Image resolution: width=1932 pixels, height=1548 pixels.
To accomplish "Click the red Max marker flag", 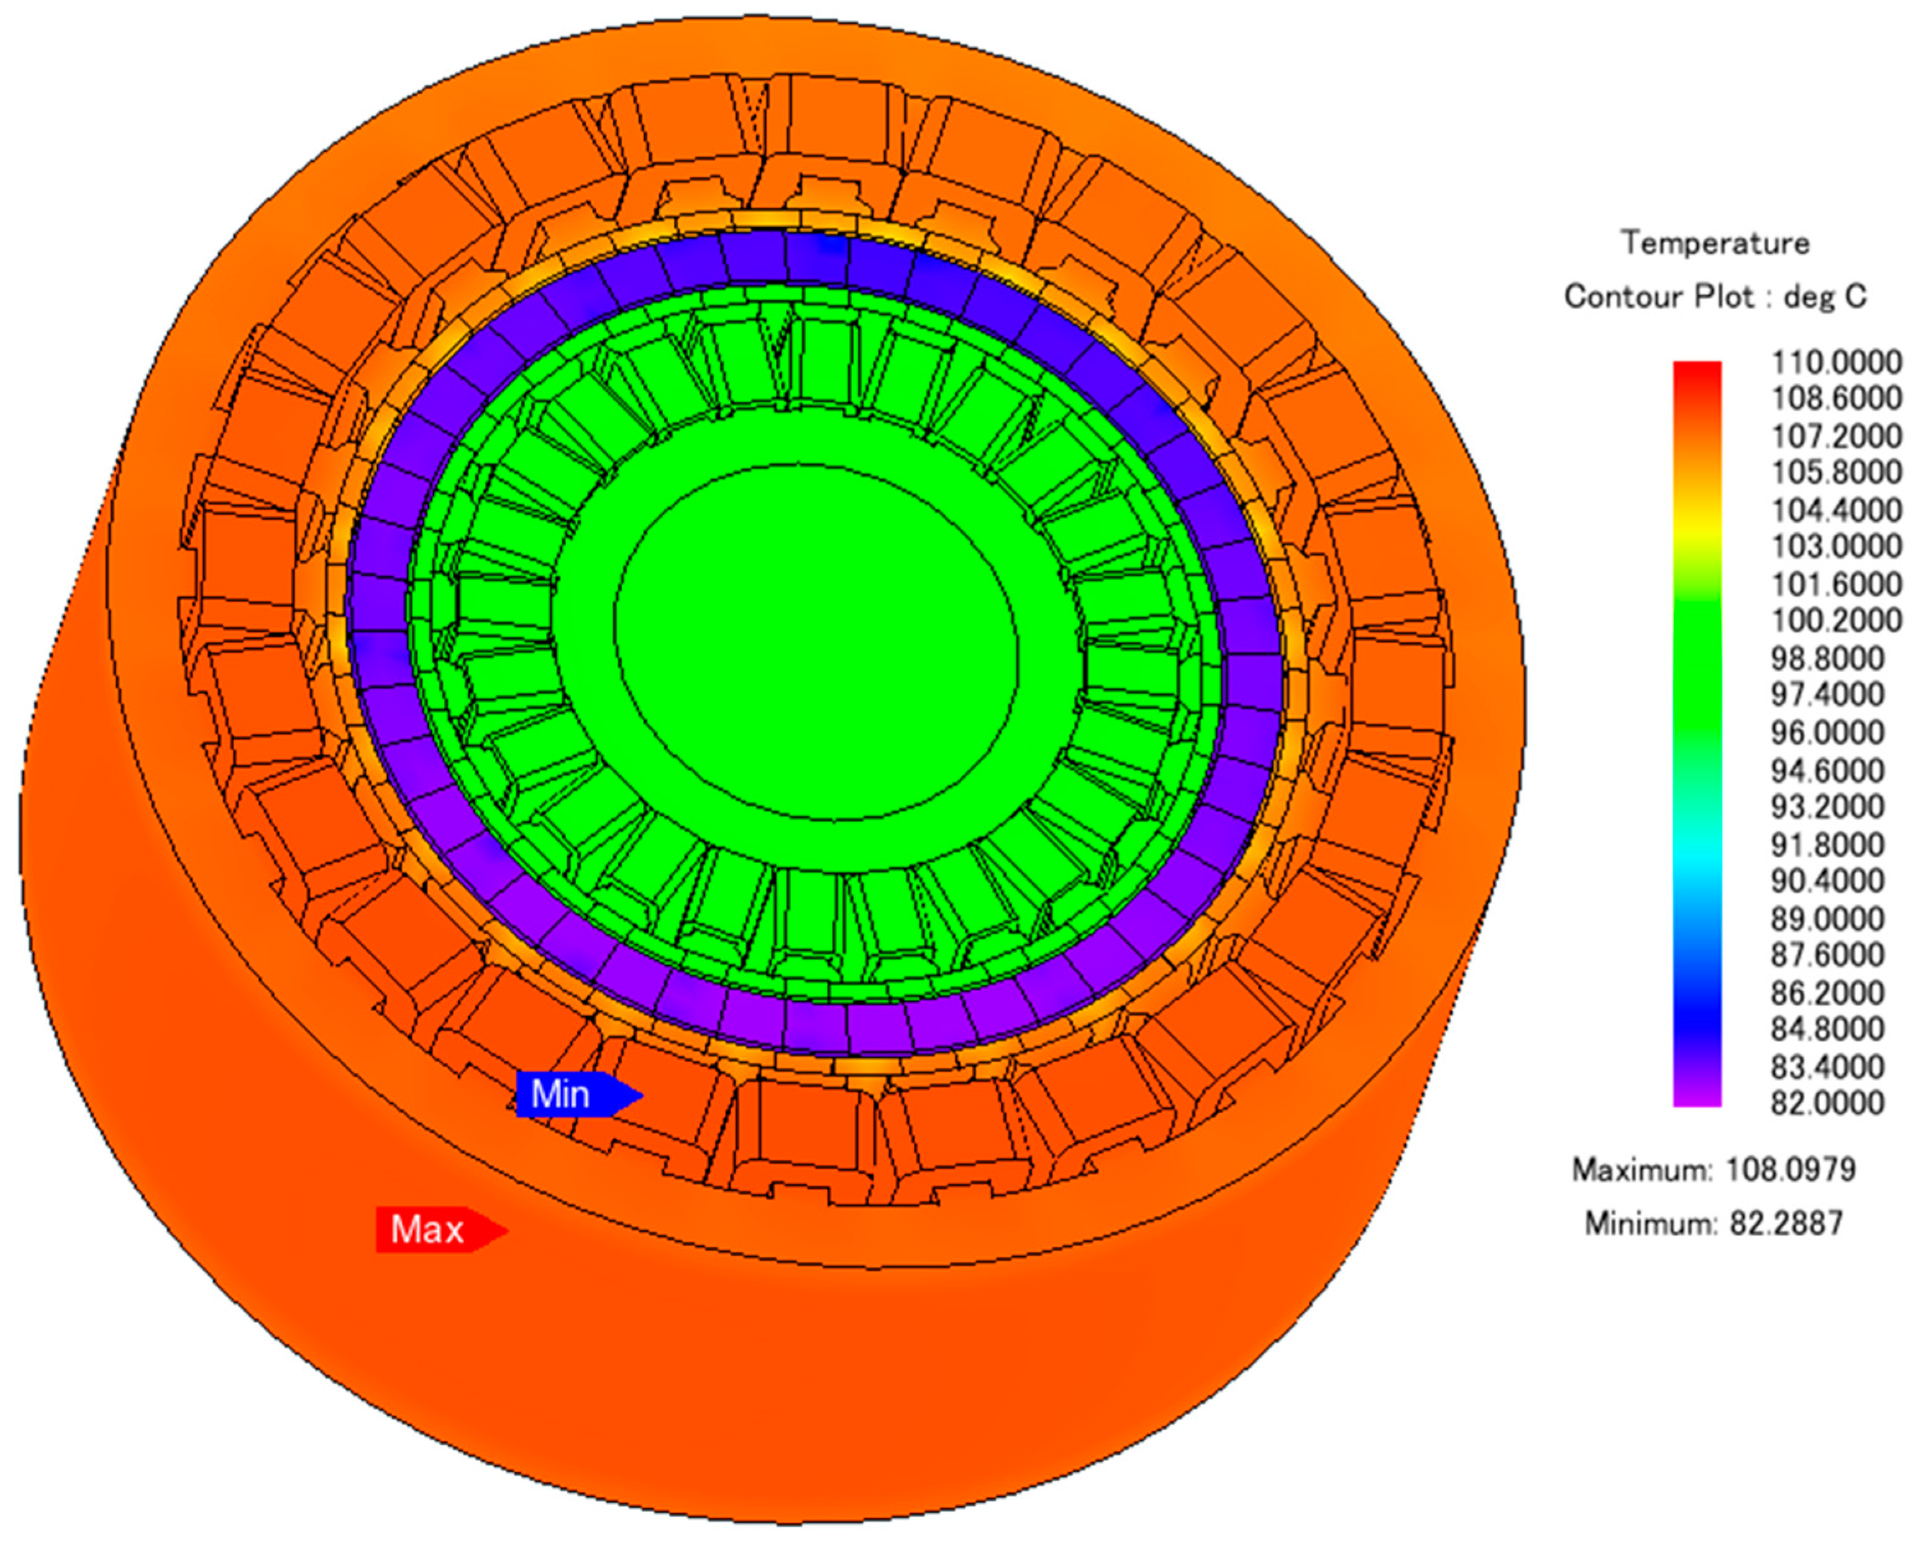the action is [442, 1229].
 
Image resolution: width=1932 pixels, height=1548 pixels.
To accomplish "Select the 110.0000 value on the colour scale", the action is [1836, 362].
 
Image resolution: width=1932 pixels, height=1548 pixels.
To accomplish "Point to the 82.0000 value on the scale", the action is [1827, 1102].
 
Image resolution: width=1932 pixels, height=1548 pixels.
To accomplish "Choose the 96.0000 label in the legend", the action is [1827, 732].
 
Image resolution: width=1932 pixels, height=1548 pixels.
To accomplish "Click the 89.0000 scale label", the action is [1827, 918].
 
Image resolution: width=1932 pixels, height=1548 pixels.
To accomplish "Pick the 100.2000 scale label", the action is [1836, 620].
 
